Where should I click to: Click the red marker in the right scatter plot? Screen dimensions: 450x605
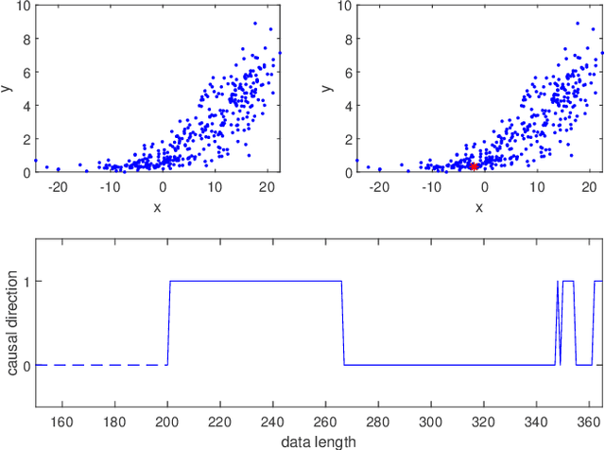point(475,165)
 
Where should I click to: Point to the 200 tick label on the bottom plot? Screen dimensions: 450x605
point(168,422)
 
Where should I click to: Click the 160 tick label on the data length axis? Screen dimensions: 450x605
point(62,422)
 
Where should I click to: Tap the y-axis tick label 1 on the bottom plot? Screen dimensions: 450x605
point(27,281)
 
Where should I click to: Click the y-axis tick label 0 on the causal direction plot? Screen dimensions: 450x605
point(27,365)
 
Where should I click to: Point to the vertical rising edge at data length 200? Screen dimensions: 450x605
point(169,322)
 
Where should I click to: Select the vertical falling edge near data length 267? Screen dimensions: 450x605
point(343,322)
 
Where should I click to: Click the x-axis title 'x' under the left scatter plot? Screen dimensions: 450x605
point(158,206)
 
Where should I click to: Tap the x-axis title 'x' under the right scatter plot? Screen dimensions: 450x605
point(479,206)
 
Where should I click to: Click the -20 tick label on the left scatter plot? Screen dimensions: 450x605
point(57,187)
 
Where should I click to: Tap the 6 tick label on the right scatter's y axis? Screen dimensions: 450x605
point(348,72)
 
